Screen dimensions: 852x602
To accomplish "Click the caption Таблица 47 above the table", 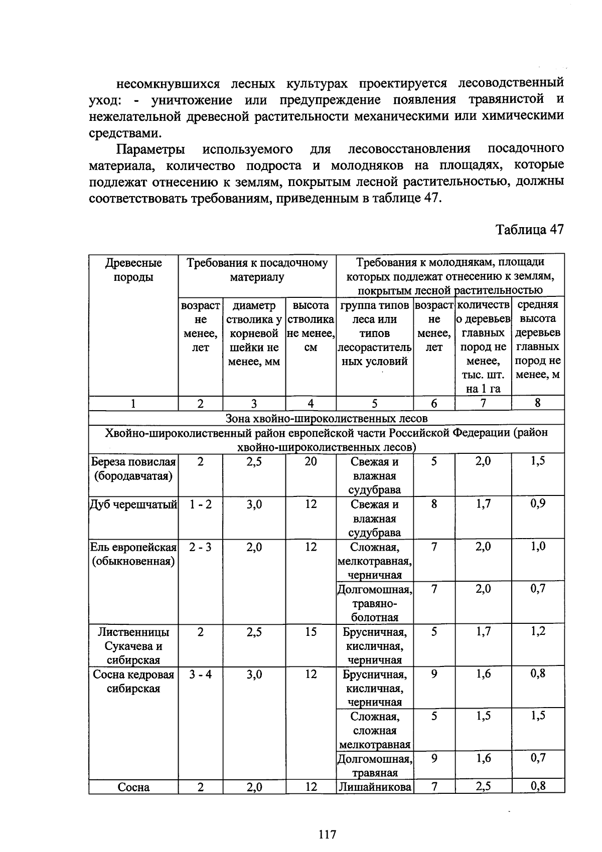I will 530,230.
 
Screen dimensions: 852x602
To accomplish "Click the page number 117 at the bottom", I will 327,834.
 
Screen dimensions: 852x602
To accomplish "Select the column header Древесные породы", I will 133,270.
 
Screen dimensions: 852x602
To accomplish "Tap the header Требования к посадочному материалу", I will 257,270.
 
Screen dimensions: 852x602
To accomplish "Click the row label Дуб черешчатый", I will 133,505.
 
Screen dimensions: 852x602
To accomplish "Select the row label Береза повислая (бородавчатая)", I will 133,468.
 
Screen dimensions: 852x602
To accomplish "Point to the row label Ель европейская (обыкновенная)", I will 133,554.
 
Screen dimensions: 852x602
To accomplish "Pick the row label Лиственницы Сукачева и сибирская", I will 133,646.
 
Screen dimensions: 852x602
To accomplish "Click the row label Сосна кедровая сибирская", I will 133,681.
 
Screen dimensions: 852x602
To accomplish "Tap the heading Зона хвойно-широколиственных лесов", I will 327,418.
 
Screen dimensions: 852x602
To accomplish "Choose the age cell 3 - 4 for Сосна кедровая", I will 200,674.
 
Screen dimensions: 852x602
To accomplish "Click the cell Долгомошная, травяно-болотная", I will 375,603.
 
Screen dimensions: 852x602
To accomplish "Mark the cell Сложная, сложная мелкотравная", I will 375,731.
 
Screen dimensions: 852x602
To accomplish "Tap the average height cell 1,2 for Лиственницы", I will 538,632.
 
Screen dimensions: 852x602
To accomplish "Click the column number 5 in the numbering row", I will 375,404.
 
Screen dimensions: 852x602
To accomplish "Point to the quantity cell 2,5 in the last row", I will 483,787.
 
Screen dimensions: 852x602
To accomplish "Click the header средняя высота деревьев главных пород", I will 538,339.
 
